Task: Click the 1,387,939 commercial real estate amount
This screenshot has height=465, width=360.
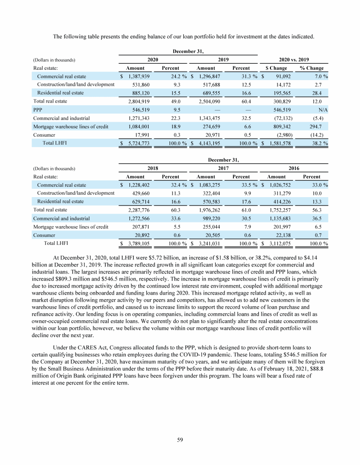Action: click(138, 76)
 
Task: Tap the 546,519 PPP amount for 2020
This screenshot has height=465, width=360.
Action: click(140, 110)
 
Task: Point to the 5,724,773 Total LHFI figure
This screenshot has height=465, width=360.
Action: click(138, 143)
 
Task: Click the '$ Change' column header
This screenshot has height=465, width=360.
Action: click(276, 68)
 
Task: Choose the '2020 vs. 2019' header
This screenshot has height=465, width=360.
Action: click(293, 59)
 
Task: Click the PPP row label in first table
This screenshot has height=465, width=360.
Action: click(37, 110)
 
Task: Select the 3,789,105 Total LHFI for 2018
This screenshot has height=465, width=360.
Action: click(138, 244)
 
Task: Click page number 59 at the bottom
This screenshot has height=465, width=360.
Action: click(180, 439)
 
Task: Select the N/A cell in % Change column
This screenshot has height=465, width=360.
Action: click(322, 110)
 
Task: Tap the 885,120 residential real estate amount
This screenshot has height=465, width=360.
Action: click(140, 93)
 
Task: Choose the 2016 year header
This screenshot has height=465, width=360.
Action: click(293, 168)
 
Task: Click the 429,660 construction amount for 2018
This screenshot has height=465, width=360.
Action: click(140, 193)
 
